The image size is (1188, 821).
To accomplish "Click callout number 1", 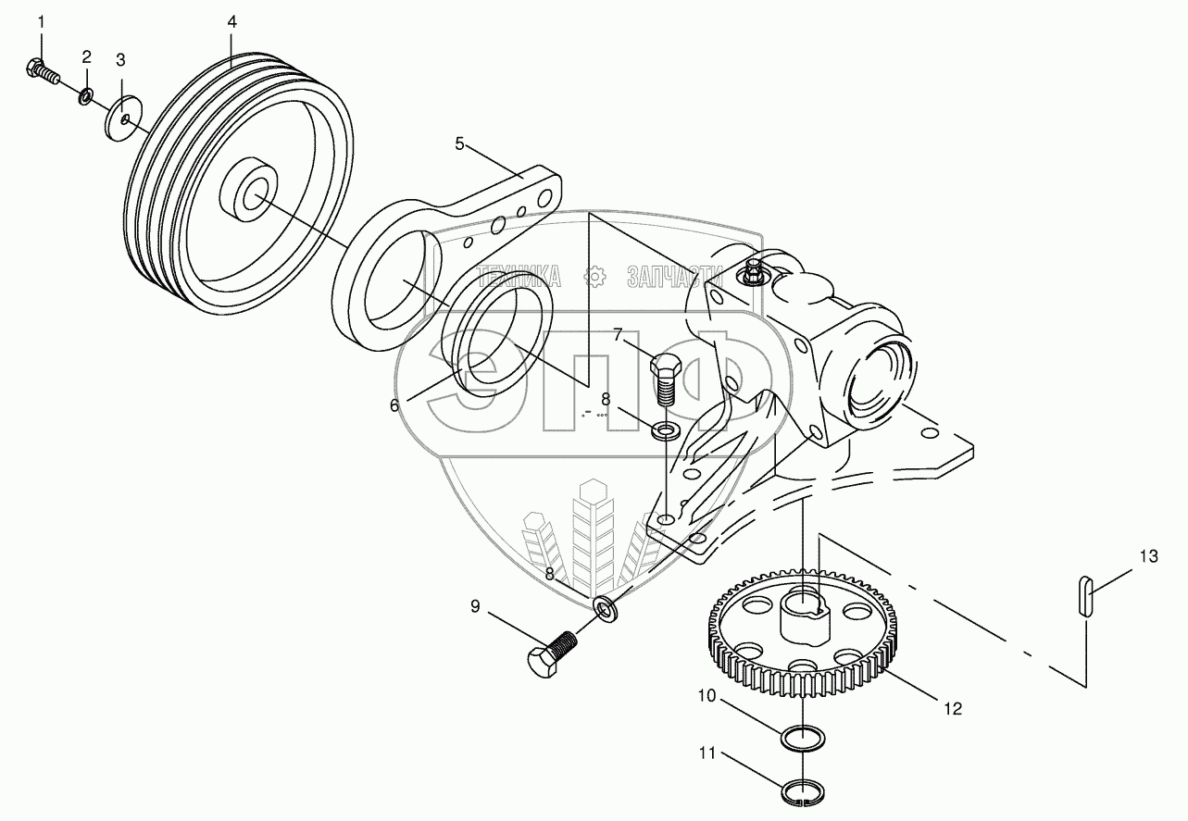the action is point(40,21).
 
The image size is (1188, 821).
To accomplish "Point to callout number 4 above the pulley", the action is point(232,21).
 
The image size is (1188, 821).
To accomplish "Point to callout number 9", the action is point(475,607).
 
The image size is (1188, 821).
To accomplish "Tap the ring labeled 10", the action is point(803,740).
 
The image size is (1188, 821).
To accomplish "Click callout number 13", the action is point(1148,556).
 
